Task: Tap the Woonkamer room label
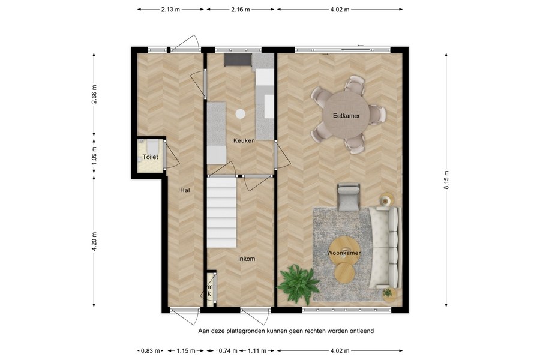click(x=344, y=253)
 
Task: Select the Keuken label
click(x=244, y=141)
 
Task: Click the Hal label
click(x=185, y=190)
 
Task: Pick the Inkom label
click(x=246, y=259)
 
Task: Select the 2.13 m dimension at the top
click(x=170, y=10)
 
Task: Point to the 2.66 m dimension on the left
click(x=94, y=95)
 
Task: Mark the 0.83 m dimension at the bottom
click(x=149, y=350)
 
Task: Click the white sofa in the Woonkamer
click(x=384, y=246)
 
